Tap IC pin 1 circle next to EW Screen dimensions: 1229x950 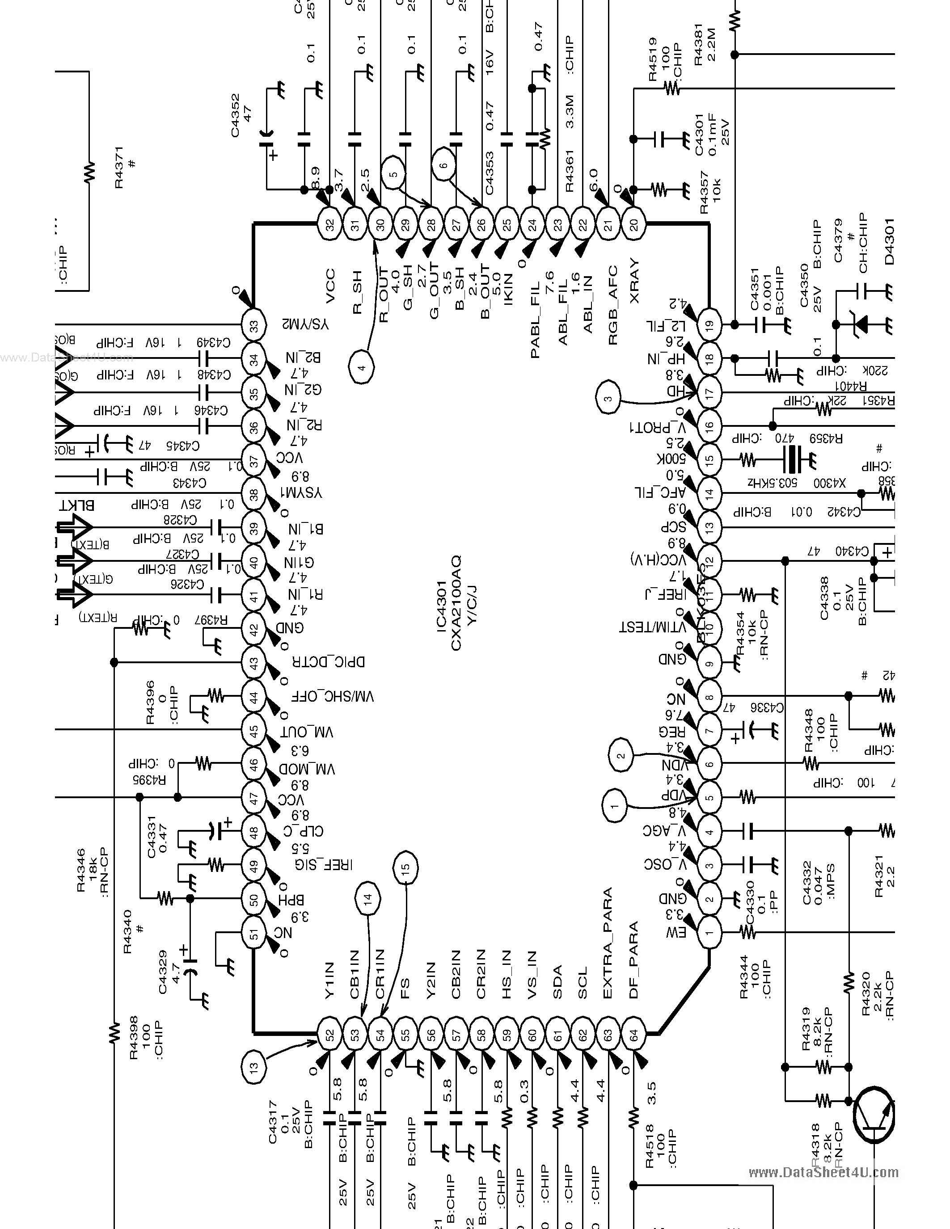[x=709, y=932]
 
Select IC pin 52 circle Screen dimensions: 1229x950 [x=330, y=1034]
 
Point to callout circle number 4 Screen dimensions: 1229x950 [x=362, y=368]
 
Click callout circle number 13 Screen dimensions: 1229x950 [x=254, y=1066]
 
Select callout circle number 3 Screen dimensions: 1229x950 [x=608, y=399]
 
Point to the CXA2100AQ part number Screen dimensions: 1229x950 [x=456, y=603]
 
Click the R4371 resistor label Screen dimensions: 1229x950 [x=119, y=167]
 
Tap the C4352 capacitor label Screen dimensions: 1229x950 [x=235, y=115]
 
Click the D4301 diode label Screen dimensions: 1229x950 [x=889, y=241]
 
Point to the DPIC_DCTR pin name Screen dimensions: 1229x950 [x=328, y=662]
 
